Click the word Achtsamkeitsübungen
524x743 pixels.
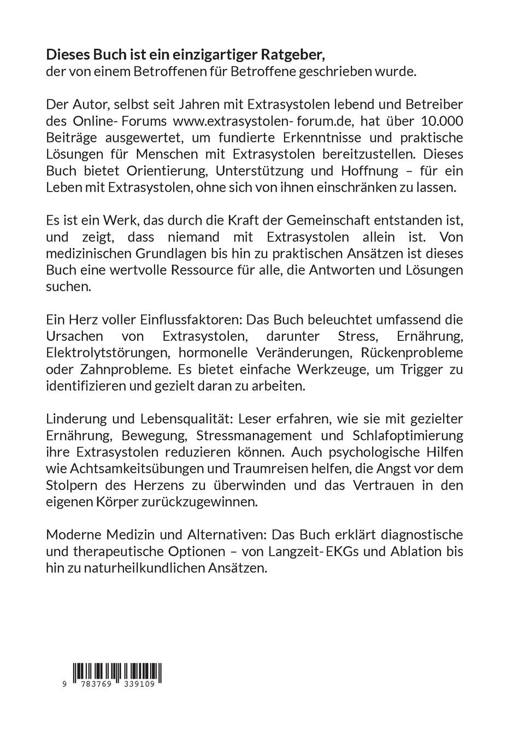(x=132, y=469)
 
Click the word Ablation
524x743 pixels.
(x=415, y=551)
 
